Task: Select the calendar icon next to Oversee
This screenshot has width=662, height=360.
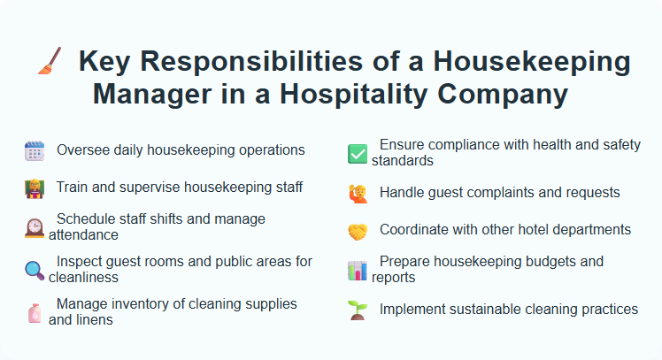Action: coord(34,151)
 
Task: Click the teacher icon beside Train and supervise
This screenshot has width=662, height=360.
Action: coord(34,188)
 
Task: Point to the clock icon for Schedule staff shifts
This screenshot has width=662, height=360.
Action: coord(34,228)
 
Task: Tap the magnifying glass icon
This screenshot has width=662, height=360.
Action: coord(34,270)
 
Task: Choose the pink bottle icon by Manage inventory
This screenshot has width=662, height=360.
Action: coord(34,311)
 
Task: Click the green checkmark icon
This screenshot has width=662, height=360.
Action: coord(357,153)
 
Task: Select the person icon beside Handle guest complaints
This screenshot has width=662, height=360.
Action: coord(357,193)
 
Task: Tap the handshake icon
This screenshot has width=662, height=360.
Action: coord(357,231)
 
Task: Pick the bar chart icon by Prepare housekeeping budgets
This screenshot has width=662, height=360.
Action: coord(357,270)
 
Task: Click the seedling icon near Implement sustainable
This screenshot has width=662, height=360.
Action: coord(357,310)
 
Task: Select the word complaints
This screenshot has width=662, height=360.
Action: coord(504,192)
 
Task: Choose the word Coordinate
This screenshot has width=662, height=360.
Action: coord(415,229)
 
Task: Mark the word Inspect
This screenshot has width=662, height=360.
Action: coord(80,261)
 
